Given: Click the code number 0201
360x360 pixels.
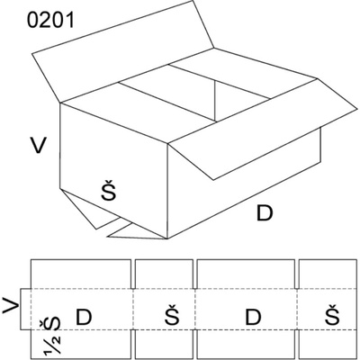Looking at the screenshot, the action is pyautogui.click(x=50, y=22).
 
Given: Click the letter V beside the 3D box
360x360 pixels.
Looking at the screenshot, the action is pyautogui.click(x=38, y=145).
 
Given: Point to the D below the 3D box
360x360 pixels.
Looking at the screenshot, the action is pyautogui.click(x=265, y=213).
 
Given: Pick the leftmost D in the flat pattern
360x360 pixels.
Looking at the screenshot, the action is pyautogui.click(x=83, y=317).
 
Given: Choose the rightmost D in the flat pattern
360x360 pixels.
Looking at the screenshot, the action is pyautogui.click(x=253, y=317).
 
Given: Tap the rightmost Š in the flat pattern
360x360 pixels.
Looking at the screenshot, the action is pyautogui.click(x=332, y=314).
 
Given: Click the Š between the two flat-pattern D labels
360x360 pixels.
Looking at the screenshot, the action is pyautogui.click(x=172, y=314).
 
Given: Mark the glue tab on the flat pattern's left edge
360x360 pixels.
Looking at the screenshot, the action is pyautogui.click(x=25, y=309).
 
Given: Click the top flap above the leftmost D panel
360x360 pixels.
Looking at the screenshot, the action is pyautogui.click(x=81, y=274).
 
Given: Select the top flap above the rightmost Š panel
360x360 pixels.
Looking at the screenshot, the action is pyautogui.click(x=328, y=274).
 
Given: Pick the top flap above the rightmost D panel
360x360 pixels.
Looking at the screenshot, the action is pyautogui.click(x=246, y=274).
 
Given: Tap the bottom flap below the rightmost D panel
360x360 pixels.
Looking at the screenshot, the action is pyautogui.click(x=246, y=344).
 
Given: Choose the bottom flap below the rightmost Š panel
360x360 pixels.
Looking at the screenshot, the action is pyautogui.click(x=328, y=344).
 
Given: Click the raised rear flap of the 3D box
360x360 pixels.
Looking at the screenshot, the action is pyautogui.click(x=123, y=52).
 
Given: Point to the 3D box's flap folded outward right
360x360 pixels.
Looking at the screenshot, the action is pyautogui.click(x=264, y=129).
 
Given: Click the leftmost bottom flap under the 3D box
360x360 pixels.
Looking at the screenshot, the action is pyautogui.click(x=90, y=209).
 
